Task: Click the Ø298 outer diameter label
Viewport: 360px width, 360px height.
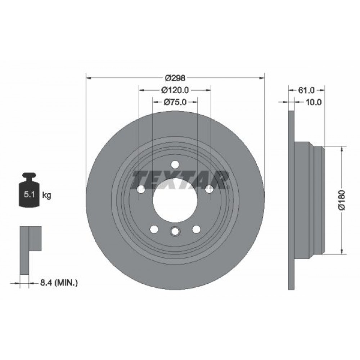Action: (x=175, y=78)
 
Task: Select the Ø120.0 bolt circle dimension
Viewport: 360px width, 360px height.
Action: (x=175, y=90)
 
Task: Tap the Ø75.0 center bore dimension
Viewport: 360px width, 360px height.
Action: (x=175, y=102)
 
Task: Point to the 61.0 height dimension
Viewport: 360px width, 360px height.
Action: (x=306, y=90)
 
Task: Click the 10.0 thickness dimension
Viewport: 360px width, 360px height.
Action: (x=314, y=102)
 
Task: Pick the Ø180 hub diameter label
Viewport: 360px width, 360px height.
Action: (x=342, y=200)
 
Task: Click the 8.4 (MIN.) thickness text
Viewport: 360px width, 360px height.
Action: (x=59, y=283)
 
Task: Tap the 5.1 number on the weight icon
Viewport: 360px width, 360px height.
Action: (x=29, y=195)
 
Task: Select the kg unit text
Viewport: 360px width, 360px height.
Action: (x=46, y=195)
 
